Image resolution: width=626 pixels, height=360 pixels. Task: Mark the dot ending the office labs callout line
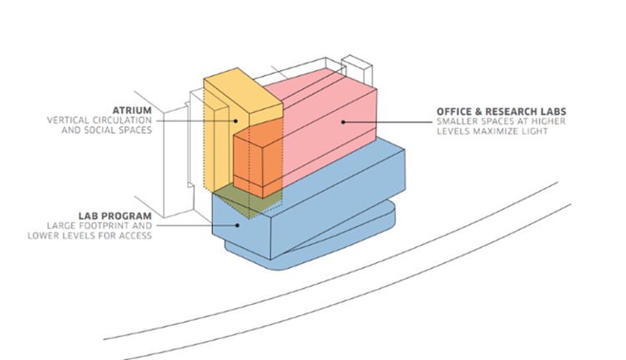[x=343, y=122]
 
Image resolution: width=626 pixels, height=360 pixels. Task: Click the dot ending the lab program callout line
[x=241, y=223]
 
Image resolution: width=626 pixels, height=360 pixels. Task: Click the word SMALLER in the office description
[x=456, y=123]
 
